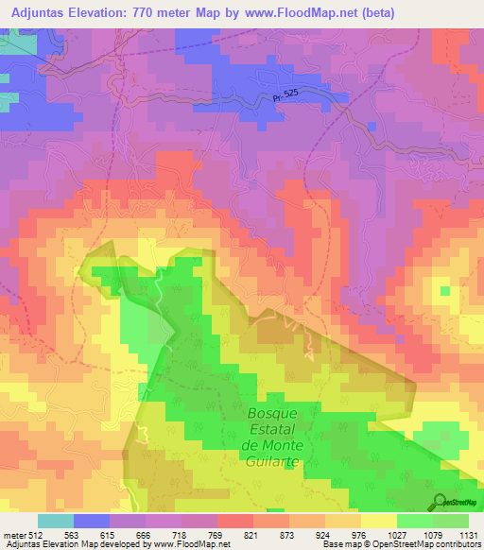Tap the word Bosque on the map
(x=272, y=413)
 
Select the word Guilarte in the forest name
(x=272, y=458)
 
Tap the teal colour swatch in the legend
(x=56, y=521)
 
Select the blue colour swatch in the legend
(x=92, y=521)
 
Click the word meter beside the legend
(x=13, y=534)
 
